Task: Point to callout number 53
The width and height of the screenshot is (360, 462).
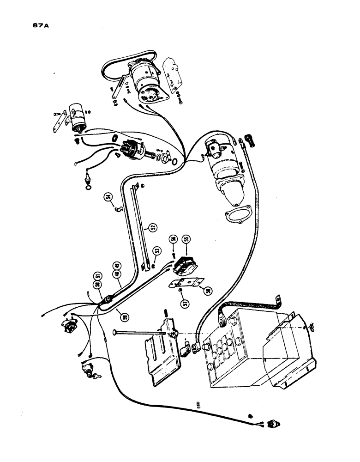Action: pyautogui.click(x=157, y=251)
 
